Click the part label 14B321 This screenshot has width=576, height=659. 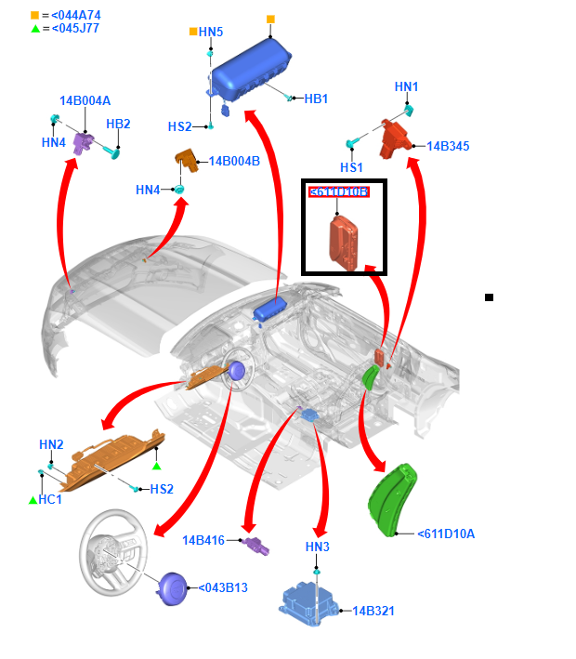pos(373,611)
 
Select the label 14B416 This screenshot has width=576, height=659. pos(203,540)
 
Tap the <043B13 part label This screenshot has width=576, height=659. pos(223,587)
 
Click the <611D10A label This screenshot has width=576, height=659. pos(446,534)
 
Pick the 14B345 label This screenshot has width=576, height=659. pos(447,146)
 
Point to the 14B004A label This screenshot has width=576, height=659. pos(85,100)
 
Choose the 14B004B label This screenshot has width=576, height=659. pos(234,161)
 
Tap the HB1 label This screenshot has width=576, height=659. pos(316,99)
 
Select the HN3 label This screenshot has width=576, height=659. pos(318,547)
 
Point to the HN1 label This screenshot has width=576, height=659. pos(407,86)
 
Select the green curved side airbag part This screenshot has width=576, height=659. pos(394,497)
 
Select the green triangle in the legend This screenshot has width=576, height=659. pos(35,29)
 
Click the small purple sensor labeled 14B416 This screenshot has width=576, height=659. pos(255,547)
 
